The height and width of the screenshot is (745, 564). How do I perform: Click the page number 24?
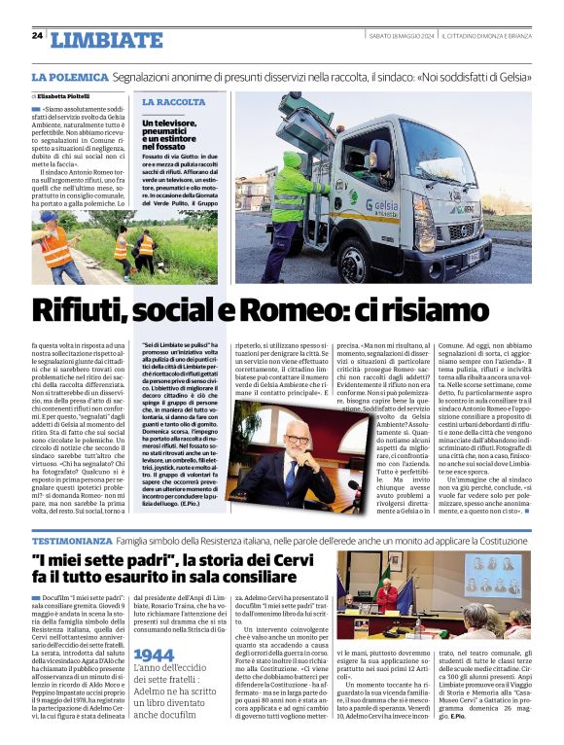(37, 35)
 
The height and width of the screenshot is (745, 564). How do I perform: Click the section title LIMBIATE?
(106, 40)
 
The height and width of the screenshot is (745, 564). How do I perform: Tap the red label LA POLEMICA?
(69, 77)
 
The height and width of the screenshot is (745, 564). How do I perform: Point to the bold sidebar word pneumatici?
(166, 133)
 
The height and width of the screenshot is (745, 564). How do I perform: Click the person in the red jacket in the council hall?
(391, 595)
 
